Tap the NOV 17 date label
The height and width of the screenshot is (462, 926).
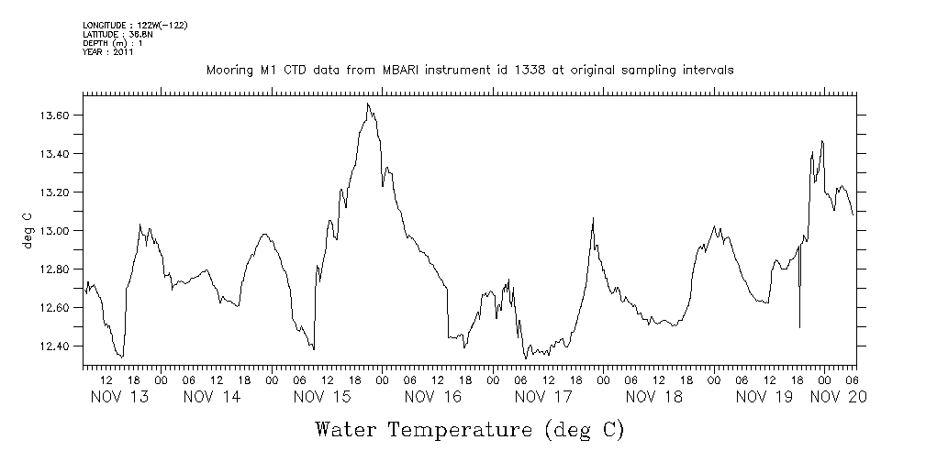click(x=544, y=397)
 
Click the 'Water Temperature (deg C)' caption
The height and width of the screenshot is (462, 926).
click(x=470, y=429)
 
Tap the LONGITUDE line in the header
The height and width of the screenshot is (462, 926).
click(x=135, y=25)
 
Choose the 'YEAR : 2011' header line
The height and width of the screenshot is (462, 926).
click(x=109, y=52)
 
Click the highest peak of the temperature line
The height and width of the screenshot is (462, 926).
click(x=367, y=104)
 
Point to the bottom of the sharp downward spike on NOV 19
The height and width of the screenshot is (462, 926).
click(x=799, y=327)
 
